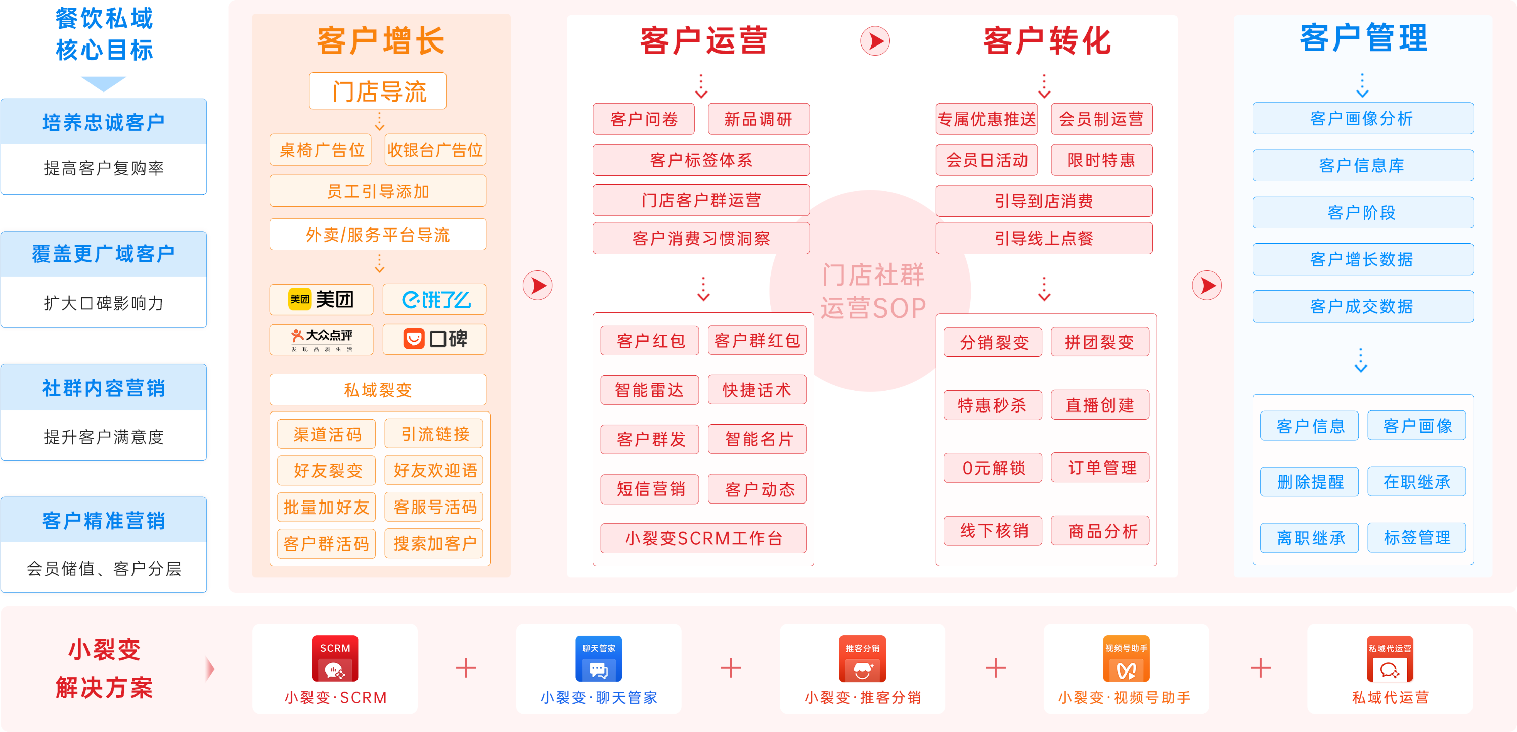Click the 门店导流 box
pyautogui.click(x=377, y=91)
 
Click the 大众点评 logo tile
pyautogui.click(x=321, y=339)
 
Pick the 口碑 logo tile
pyautogui.click(x=435, y=339)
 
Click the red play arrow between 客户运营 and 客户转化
pyautogui.click(x=875, y=41)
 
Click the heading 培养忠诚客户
pyautogui.click(x=104, y=123)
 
